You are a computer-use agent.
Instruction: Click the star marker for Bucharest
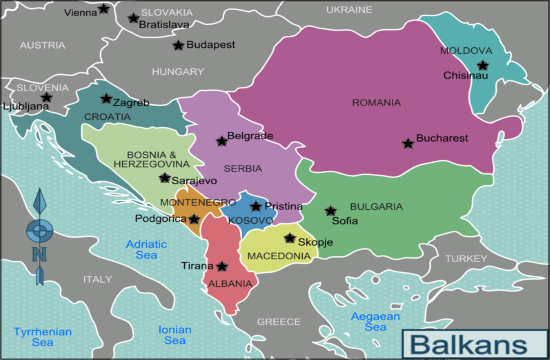[x=408, y=143]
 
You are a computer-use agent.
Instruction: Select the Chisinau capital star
[x=482, y=66]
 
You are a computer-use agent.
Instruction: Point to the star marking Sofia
[x=331, y=211]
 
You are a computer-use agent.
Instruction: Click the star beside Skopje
[x=290, y=239]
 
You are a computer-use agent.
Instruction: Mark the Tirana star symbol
[x=221, y=266]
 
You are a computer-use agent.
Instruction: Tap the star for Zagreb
[x=106, y=99]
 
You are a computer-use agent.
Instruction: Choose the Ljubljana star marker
[x=46, y=97]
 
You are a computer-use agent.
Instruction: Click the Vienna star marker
[x=105, y=9]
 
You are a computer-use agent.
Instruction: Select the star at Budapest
[x=178, y=45]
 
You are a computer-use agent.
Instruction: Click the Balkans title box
[x=471, y=343]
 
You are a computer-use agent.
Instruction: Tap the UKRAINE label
[x=349, y=9]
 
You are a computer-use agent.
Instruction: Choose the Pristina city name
[x=283, y=205]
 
